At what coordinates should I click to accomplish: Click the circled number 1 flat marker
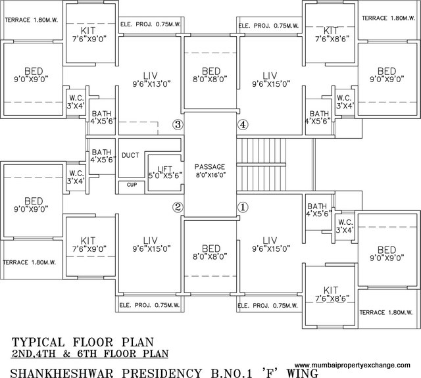click(x=243, y=207)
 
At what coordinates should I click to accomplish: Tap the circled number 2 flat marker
click(x=177, y=207)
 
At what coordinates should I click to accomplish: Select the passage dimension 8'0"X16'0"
click(x=210, y=176)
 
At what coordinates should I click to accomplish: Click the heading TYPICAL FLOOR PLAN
click(x=82, y=342)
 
